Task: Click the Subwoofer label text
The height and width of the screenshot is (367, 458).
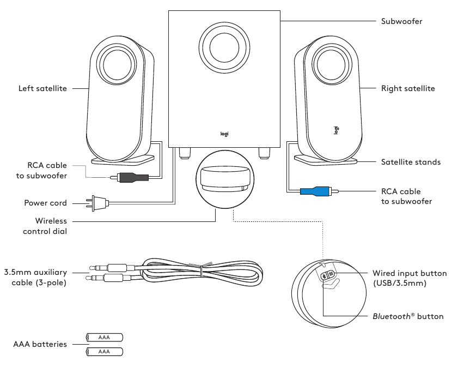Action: click(x=401, y=22)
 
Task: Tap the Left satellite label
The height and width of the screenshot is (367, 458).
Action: click(x=42, y=88)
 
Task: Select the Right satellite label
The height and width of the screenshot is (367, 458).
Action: click(x=408, y=88)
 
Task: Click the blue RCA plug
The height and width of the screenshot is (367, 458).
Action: click(x=315, y=191)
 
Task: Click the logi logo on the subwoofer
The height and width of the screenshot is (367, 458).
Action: click(x=224, y=133)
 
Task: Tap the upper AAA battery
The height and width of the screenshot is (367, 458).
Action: click(x=105, y=338)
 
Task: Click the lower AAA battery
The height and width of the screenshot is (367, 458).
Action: click(x=105, y=352)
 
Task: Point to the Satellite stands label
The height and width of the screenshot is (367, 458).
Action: click(x=411, y=162)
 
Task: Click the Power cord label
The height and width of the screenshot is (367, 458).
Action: click(x=45, y=203)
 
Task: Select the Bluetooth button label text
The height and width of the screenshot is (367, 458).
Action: click(x=408, y=316)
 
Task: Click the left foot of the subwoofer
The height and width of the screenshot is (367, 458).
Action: click(x=184, y=152)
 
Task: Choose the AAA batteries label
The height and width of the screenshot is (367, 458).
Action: click(x=40, y=344)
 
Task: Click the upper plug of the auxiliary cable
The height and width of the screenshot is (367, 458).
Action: click(x=103, y=268)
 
